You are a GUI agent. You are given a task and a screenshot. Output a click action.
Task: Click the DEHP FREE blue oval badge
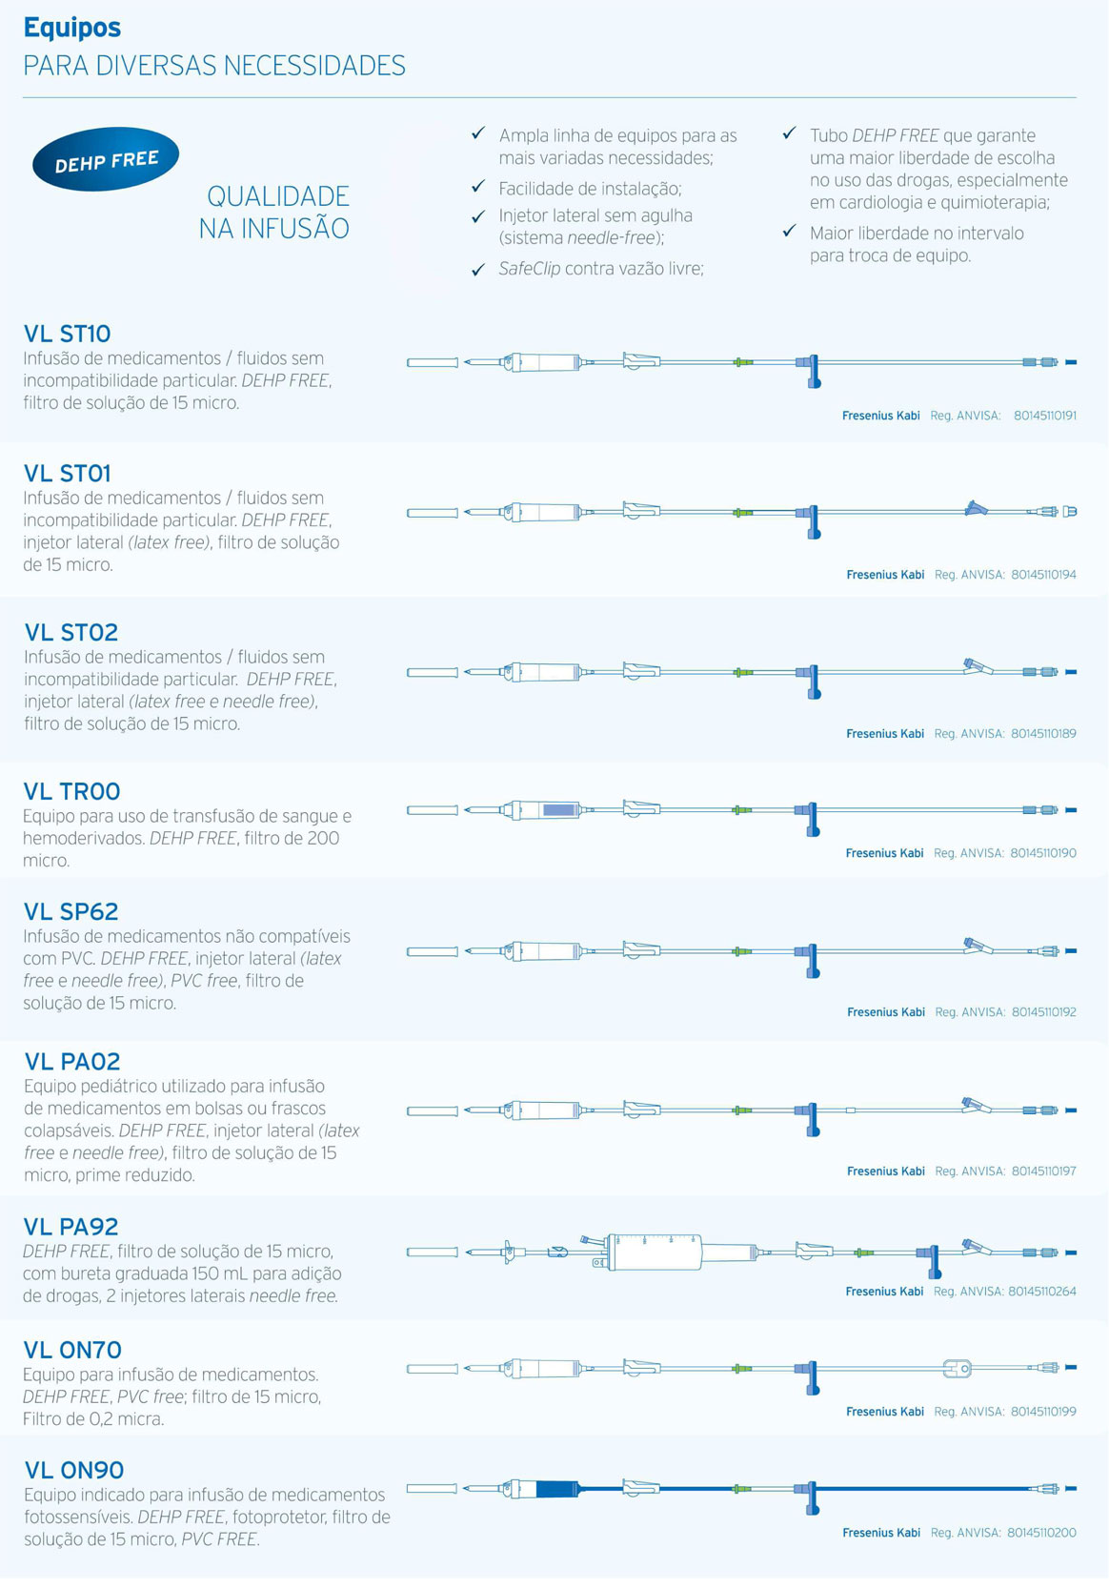click(x=106, y=160)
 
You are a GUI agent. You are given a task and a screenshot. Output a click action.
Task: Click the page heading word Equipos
click(x=72, y=28)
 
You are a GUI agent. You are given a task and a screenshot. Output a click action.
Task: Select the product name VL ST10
click(x=67, y=334)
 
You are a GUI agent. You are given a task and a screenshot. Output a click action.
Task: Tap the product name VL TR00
click(x=71, y=791)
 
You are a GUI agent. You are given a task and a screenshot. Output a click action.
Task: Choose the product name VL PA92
click(x=71, y=1227)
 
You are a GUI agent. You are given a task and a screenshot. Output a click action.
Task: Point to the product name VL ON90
click(x=74, y=1470)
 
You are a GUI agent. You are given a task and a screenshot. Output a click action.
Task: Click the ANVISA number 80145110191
click(x=1045, y=416)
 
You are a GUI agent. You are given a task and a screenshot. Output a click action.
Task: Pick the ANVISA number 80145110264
click(x=1042, y=1292)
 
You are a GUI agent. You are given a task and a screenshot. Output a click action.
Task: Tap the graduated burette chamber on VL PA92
click(x=655, y=1252)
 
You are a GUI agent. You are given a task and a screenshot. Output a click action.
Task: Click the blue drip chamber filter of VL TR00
click(x=559, y=810)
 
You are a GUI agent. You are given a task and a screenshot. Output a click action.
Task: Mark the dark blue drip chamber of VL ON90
click(x=557, y=1488)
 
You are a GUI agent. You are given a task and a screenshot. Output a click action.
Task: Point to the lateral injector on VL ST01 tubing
click(x=975, y=508)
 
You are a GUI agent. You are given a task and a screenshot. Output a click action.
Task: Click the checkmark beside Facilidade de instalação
click(x=478, y=187)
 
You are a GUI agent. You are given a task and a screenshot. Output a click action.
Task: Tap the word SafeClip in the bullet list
click(x=530, y=269)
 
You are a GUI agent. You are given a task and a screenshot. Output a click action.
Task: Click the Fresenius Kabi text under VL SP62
click(x=886, y=1012)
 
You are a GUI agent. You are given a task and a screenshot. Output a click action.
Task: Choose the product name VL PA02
click(x=72, y=1062)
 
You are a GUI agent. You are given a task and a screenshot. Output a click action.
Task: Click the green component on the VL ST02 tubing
click(x=742, y=672)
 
